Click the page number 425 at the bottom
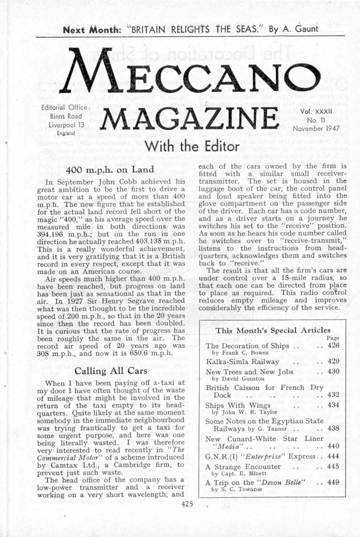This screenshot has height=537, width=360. pyautogui.click(x=187, y=504)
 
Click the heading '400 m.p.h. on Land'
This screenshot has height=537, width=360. pyautogui.click(x=110, y=170)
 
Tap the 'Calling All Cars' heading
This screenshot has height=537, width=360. pyautogui.click(x=111, y=371)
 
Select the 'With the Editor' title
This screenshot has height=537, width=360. pyautogui.click(x=192, y=147)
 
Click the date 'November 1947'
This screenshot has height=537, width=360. pyautogui.click(x=316, y=128)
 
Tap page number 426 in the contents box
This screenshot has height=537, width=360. pyautogui.click(x=333, y=345)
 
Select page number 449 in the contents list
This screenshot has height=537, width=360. pyautogui.click(x=333, y=482)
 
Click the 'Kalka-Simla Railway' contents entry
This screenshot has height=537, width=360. pyautogui.click(x=242, y=362)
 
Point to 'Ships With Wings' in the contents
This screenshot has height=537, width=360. pyautogui.click(x=238, y=405)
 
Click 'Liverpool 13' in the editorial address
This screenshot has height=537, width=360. pyautogui.click(x=66, y=125)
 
